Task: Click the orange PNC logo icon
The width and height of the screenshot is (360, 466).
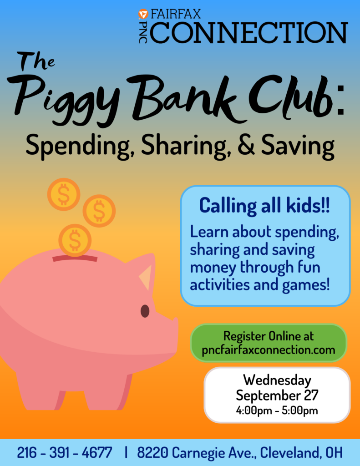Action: [x=143, y=14]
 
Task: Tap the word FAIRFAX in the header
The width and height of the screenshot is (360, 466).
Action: [x=176, y=14]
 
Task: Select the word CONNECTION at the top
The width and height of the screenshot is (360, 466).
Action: [x=249, y=32]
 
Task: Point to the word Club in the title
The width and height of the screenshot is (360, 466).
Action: [x=290, y=96]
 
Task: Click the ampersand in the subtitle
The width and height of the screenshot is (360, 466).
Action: [x=246, y=145]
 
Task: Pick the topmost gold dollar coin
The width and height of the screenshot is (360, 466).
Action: [x=64, y=194]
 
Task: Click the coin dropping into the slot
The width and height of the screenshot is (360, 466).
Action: [x=75, y=240]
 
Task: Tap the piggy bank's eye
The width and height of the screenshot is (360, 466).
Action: [x=145, y=311]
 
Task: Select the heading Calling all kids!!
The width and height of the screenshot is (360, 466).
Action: [x=264, y=205]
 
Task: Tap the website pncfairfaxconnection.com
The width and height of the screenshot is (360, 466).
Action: [x=269, y=350]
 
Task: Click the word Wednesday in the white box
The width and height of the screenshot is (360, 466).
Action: [x=277, y=380]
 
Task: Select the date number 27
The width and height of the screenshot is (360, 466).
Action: [x=311, y=395]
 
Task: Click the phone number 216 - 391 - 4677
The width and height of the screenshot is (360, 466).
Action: [x=65, y=453]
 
